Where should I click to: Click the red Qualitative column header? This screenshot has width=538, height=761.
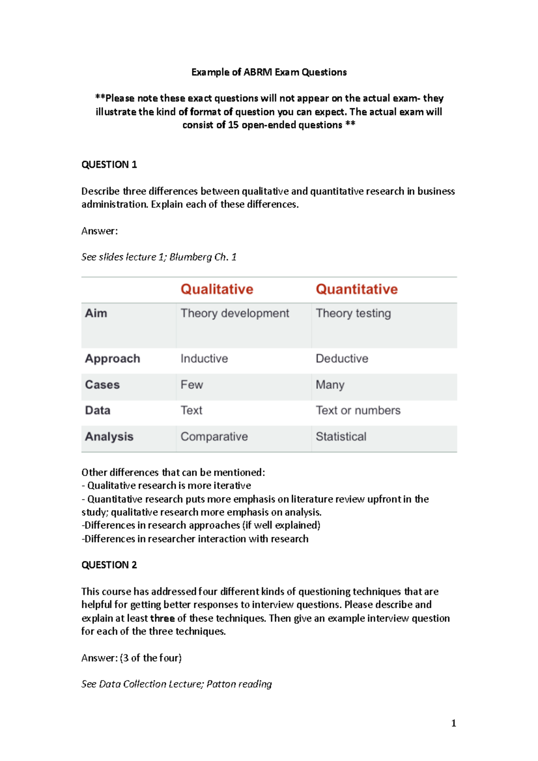(217, 289)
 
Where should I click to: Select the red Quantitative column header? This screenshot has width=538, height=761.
(356, 289)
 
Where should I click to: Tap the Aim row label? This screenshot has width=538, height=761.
(96, 313)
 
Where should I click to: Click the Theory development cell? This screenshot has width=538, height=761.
(234, 313)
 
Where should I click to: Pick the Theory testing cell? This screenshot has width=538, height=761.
(353, 313)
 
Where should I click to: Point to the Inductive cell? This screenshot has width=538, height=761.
(204, 359)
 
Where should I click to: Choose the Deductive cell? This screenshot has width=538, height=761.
(342, 359)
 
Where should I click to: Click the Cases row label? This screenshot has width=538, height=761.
(102, 385)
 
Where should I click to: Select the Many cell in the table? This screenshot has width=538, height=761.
(330, 385)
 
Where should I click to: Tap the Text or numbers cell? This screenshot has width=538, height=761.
(358, 410)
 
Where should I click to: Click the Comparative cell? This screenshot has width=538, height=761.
(214, 437)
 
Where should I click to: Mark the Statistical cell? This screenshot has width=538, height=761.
(341, 437)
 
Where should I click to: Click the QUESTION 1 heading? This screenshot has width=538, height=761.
(109, 164)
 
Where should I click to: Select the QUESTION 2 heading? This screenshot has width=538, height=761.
(109, 565)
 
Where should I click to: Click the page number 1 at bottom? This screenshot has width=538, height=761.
(453, 723)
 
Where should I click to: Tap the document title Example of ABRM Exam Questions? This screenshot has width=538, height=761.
(269, 72)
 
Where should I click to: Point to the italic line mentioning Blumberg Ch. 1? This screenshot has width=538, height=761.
(159, 257)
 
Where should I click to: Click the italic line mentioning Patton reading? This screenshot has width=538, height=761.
(176, 684)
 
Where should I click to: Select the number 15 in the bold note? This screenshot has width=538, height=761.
(233, 125)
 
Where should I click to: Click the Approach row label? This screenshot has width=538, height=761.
(113, 359)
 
